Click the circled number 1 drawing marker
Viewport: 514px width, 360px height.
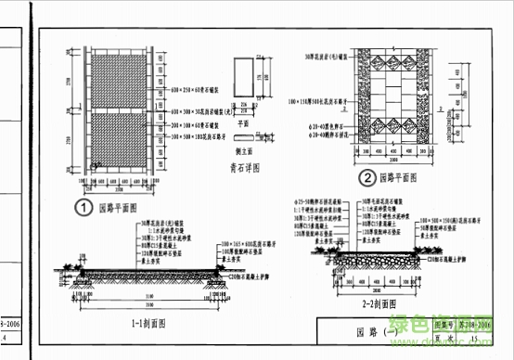click(84, 208)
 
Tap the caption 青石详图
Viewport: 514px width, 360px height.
click(244, 169)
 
